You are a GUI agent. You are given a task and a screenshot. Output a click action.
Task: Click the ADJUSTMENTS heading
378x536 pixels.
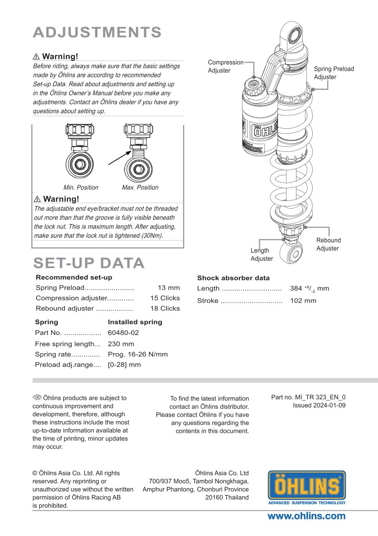point(97,32)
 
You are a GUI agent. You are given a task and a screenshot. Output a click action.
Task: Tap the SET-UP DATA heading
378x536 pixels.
point(89,263)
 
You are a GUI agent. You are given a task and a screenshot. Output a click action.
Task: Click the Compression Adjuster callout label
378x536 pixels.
point(225,66)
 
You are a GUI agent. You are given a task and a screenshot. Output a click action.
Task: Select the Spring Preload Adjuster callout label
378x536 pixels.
point(334,73)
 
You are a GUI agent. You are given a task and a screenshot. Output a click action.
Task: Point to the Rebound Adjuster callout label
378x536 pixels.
point(328,244)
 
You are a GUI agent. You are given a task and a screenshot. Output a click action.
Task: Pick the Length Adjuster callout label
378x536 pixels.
point(262,254)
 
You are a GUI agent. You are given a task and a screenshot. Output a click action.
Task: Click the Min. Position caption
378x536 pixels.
point(81,187)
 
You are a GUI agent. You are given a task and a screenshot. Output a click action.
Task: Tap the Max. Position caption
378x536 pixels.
point(140,187)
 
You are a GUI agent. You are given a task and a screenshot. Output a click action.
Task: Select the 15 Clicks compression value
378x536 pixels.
point(165,298)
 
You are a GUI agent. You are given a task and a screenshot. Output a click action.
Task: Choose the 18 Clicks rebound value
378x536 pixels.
point(165,309)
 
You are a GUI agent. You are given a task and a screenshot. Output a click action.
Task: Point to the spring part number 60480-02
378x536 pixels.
point(123,333)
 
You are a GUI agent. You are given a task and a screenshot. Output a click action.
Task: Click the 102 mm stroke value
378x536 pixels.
point(303,301)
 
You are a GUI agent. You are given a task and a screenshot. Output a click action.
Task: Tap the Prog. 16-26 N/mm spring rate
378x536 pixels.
point(138,354)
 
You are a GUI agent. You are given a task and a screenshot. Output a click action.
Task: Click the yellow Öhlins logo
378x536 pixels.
point(307,487)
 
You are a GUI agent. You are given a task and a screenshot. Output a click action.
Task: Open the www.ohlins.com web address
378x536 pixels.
point(306,516)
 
